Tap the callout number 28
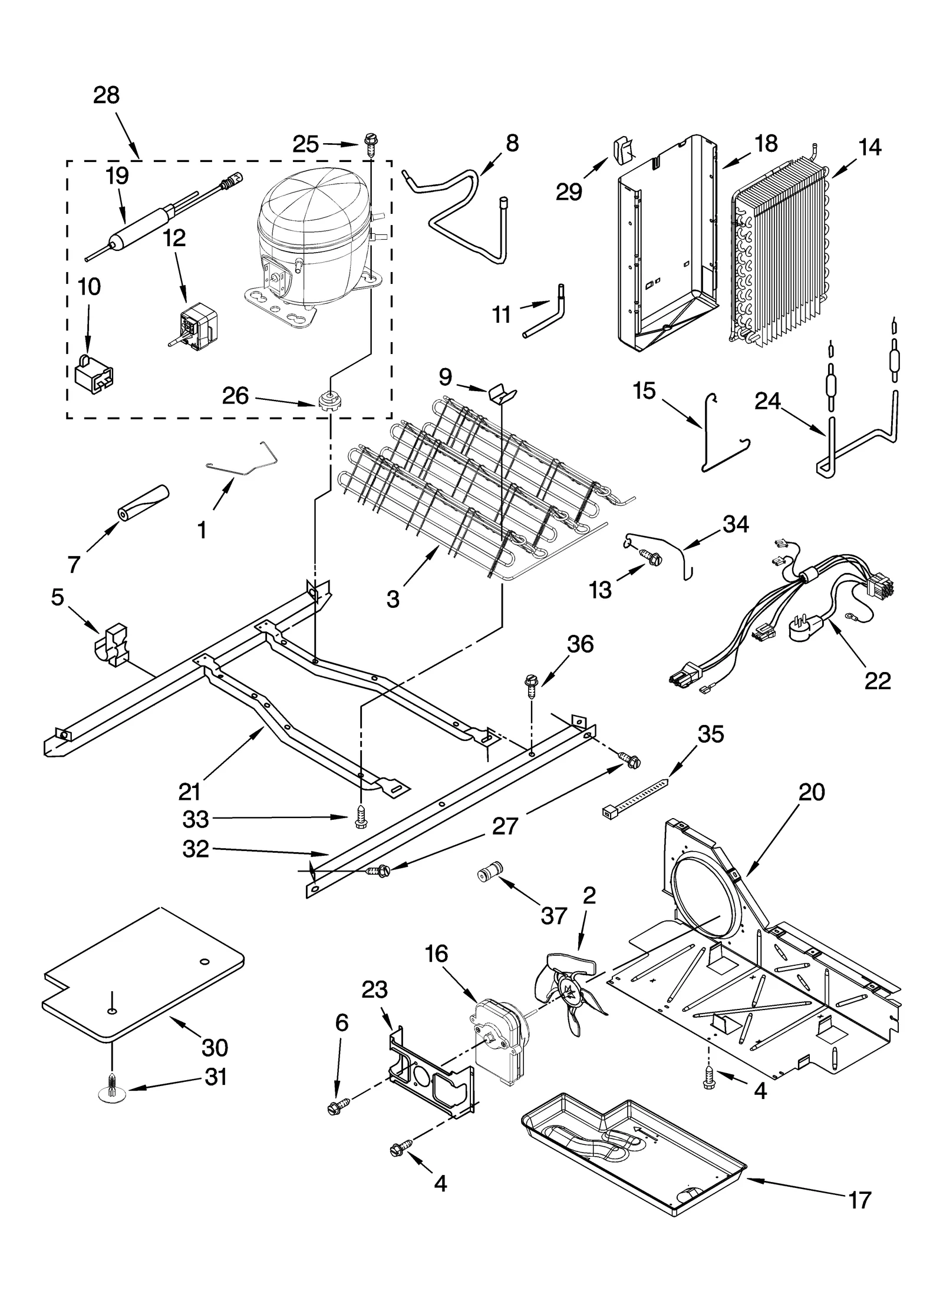click(x=106, y=95)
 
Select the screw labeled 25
click(x=372, y=143)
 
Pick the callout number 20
click(x=811, y=793)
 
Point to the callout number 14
click(x=870, y=147)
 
